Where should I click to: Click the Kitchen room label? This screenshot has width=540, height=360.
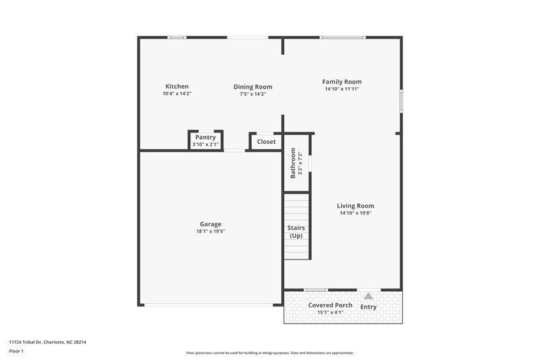pos(177,86)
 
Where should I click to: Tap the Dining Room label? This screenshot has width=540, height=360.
pos(252,86)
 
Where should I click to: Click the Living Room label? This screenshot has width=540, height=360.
pos(356,206)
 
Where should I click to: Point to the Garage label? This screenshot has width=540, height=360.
pos(210,224)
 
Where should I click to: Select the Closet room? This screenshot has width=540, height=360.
pos(266,142)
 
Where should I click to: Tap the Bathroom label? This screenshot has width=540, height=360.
pos(293,163)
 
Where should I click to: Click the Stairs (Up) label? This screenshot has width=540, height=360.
pos(296,232)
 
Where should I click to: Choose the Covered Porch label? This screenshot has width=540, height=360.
pos(330,305)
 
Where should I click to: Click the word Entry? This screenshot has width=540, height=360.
pos(369,307)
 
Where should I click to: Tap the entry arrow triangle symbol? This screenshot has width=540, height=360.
pos(368,296)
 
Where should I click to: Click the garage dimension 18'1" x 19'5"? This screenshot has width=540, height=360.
pos(210,232)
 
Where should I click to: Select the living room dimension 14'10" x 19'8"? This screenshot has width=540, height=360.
pos(356,213)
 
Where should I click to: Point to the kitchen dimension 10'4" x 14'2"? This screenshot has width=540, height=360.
pos(177,94)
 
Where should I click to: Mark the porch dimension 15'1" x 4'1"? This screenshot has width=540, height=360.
pos(330,312)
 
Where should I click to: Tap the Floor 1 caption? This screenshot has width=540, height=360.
pos(16,351)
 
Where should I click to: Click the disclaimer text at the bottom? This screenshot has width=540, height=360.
pos(269,353)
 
